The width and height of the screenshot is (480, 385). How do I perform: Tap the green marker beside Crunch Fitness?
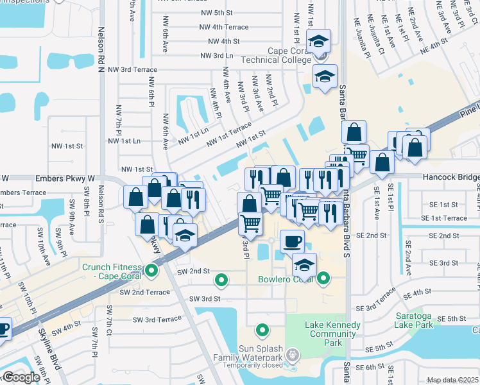tap(151, 270)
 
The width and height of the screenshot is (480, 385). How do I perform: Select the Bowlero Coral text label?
tap(286, 279)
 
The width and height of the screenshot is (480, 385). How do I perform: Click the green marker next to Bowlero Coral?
tap(323, 278)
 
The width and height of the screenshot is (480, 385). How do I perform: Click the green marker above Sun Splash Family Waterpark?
tap(262, 330)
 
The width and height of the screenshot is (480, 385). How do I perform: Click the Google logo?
tap(21, 377)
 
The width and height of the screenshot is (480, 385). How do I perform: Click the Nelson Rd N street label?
tap(101, 45)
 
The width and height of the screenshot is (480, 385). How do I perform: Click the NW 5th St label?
tap(215, 12)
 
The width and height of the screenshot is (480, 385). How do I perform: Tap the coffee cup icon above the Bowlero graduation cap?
tap(292, 241)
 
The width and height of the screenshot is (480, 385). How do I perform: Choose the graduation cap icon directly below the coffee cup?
tap(304, 264)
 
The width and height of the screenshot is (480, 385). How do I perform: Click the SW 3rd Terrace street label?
tap(157, 319)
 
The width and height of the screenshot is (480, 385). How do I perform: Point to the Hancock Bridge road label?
tap(450, 176)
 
